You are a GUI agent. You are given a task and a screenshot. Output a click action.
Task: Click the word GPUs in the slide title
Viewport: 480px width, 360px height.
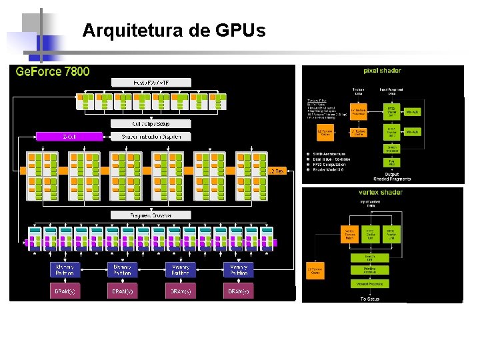[x=241, y=30]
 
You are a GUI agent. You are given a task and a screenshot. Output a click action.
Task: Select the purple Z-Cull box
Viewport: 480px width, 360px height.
[x=68, y=137]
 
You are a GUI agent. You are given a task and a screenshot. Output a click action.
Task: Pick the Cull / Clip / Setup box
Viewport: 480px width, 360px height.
[x=151, y=124]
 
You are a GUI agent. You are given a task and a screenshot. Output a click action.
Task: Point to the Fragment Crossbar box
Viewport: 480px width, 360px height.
[x=151, y=215]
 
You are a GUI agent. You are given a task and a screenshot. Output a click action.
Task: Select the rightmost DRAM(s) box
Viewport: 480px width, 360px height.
[x=239, y=291]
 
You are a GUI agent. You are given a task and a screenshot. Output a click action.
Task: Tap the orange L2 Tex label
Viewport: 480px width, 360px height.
[x=276, y=171]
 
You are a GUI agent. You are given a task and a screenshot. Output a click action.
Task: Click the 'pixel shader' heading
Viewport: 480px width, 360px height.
[x=382, y=71]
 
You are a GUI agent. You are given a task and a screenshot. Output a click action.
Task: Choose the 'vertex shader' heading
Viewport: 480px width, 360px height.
[x=381, y=193]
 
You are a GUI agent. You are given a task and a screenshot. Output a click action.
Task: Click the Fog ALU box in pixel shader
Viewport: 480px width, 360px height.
[x=392, y=162]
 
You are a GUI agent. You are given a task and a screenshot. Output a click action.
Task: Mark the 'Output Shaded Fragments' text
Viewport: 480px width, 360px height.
[x=392, y=175]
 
